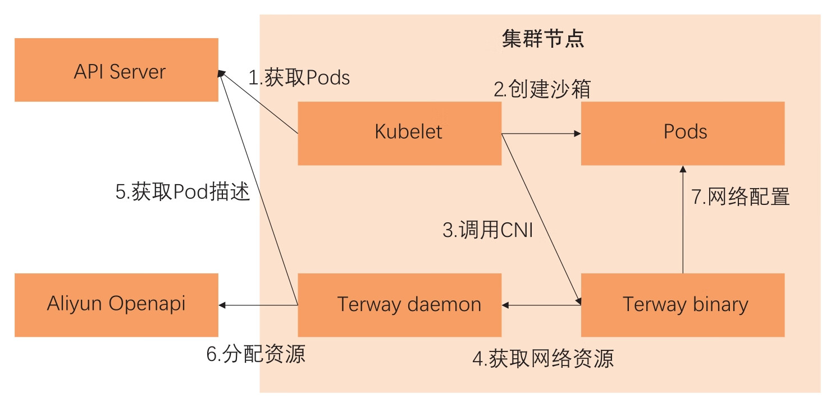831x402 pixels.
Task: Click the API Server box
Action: pos(116,70)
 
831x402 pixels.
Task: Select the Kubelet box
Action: pos(399,133)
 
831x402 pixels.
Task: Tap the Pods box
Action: pos(682,133)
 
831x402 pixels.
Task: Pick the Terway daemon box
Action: pos(399,305)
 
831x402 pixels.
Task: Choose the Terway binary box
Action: pos(682,305)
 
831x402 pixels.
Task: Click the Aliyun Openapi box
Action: pos(116,305)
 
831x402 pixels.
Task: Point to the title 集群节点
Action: pos(542,39)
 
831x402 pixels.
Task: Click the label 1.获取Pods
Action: pos(299,77)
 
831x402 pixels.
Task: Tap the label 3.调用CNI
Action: pos(488,230)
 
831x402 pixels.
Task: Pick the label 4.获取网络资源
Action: pos(543,358)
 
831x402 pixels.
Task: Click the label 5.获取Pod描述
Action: pos(182,193)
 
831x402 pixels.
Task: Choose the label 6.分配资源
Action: pos(256,354)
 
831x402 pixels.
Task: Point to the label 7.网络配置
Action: pos(741,197)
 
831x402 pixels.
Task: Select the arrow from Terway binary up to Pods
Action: pos(683,219)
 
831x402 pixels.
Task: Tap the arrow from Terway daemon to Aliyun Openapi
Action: pos(258,305)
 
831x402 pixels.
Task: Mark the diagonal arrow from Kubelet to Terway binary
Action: pos(541,219)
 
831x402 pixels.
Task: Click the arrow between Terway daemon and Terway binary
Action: pos(541,305)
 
